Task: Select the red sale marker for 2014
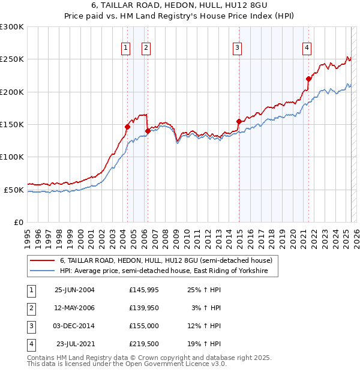coord(239,122)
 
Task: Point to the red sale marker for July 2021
coord(308,79)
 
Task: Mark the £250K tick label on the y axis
coord(12,59)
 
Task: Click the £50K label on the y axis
coord(14,190)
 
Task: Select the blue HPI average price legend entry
coord(169,272)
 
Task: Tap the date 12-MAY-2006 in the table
coord(74,307)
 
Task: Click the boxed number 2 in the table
coord(30,307)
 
